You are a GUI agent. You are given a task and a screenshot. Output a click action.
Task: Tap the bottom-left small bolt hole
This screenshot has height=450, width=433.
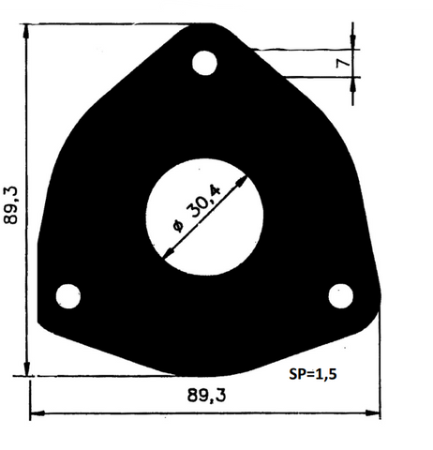[67, 296]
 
